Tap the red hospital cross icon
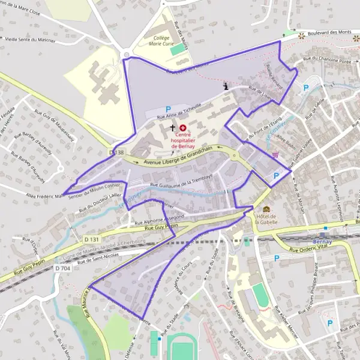182,128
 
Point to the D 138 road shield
117,153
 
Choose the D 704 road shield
62,268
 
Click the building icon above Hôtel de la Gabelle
266,209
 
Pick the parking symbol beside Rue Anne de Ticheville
160,109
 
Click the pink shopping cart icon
275,154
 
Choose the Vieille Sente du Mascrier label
30,40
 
